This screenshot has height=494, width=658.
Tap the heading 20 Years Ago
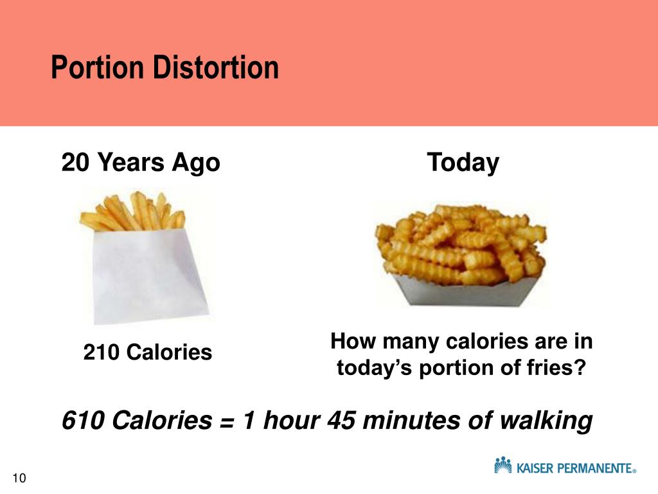141,163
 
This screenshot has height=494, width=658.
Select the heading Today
463,163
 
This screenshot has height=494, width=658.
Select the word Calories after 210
169,352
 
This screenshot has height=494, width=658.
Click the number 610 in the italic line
83,421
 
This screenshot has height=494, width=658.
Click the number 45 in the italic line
341,421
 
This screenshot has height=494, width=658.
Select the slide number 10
19,478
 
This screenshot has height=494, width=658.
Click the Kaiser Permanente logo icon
503,465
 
